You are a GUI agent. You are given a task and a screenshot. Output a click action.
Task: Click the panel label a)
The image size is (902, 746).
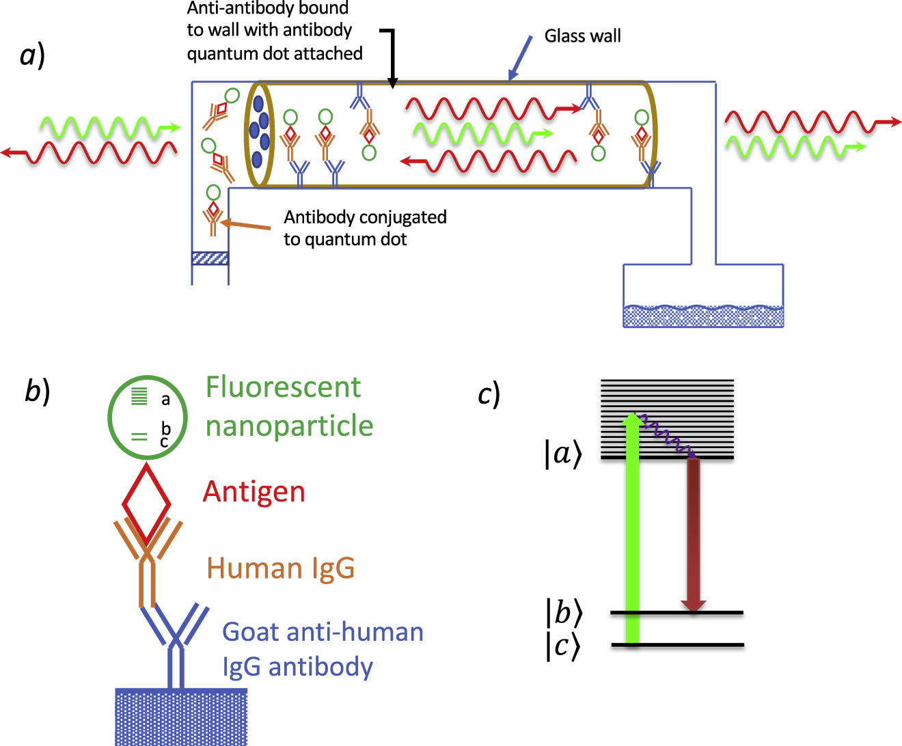coord(32,55)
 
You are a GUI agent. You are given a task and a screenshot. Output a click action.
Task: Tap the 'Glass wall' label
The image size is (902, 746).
coord(582,36)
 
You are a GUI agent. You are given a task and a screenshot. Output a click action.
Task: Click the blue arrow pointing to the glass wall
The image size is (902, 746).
coord(521,57)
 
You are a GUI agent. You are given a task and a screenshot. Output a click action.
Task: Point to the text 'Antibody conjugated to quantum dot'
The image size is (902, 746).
coord(365,228)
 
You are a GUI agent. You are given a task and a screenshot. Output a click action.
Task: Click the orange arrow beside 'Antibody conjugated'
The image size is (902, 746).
coord(247,225)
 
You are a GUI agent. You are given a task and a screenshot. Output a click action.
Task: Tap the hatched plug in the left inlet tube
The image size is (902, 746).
coord(210,258)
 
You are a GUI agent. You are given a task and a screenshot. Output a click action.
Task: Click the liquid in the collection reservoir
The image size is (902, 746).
coord(702,316)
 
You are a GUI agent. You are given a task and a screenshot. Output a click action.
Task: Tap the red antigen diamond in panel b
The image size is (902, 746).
coord(146,504)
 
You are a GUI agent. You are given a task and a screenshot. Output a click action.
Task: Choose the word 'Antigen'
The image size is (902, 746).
coord(254,492)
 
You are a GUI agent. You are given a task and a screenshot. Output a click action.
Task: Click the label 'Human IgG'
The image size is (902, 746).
coord(281,568)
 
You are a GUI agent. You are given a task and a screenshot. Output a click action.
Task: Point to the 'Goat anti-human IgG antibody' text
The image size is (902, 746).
coord(323,649)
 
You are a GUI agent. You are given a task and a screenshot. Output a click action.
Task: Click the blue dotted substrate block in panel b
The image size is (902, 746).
coord(181,717)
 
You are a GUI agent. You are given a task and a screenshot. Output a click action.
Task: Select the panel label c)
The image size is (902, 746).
coord(489,394)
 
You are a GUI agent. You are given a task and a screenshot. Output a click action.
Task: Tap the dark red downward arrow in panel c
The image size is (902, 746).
coord(694,534)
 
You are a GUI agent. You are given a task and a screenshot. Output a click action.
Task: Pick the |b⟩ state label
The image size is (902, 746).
coord(564,612)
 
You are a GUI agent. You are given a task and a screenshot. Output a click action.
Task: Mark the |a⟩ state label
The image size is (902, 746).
coord(563,454)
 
